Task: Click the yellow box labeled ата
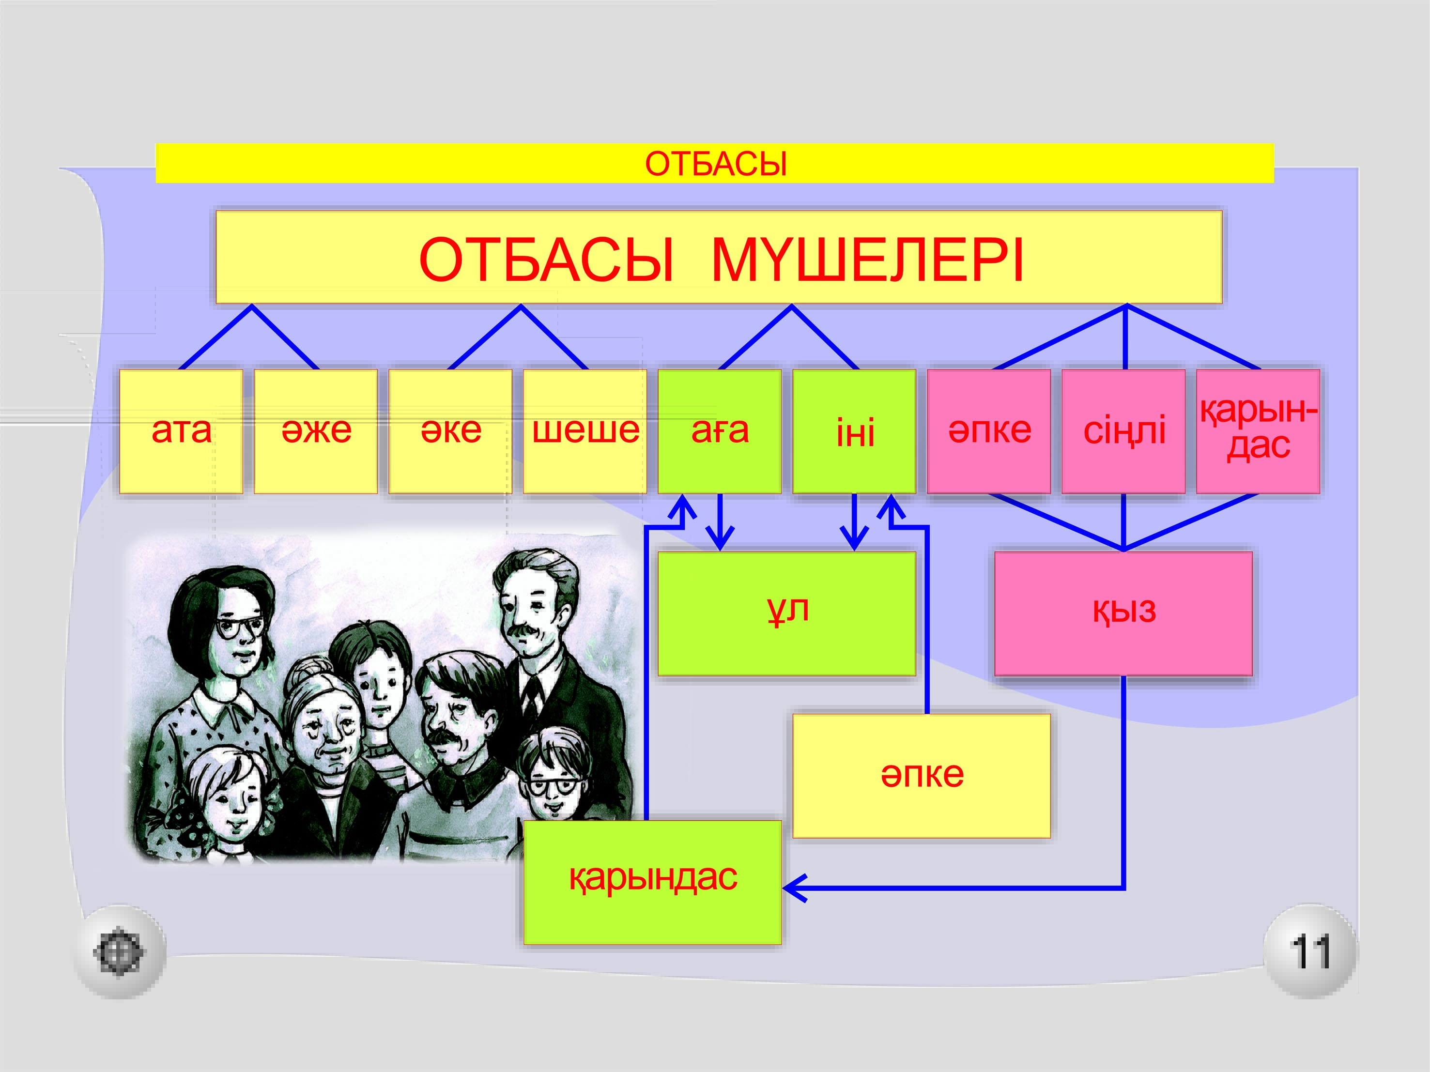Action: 181,431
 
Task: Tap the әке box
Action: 450,431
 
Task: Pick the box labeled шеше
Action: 585,431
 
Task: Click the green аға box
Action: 720,431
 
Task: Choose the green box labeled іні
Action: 854,431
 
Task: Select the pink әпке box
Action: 989,431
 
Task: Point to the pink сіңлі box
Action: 1123,431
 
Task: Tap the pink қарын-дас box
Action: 1258,431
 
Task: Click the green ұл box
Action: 787,613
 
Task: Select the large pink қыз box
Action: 1123,613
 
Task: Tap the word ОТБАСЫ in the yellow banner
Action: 716,164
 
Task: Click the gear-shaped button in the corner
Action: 119,952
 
